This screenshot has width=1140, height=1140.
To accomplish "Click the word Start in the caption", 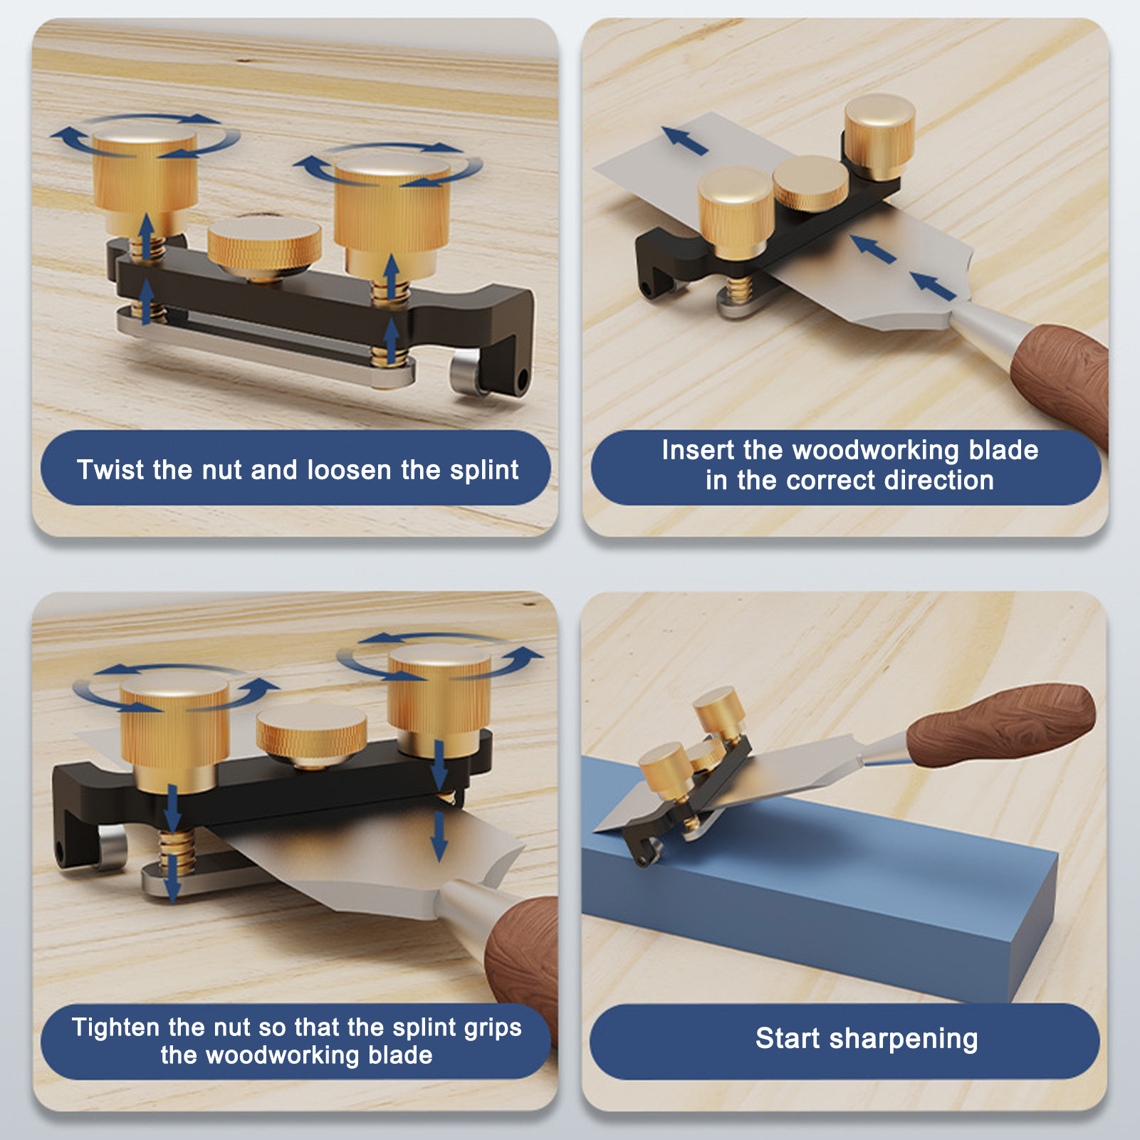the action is pos(788,1038).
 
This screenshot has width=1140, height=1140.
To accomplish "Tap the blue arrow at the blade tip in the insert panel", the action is pos(684,140).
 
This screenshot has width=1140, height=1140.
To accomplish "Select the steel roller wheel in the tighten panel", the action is pos(111,847).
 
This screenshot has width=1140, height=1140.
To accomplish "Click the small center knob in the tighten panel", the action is pos(311,736).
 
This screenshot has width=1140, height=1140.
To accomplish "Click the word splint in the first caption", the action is pos(484,470).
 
